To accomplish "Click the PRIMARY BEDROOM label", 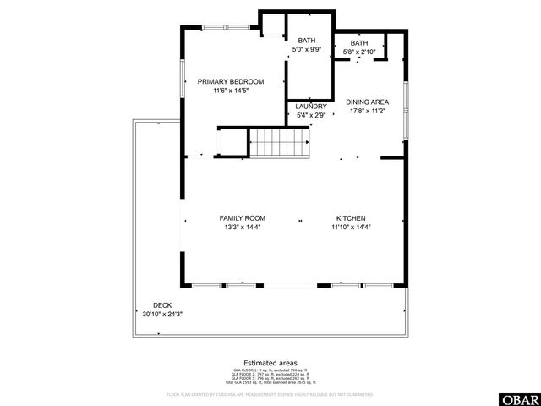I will pyautogui.click(x=231, y=81).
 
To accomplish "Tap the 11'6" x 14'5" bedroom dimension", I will pyautogui.click(x=231, y=91).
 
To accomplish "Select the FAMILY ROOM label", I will pyautogui.click(x=243, y=217).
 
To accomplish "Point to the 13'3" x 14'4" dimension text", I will pyautogui.click(x=243, y=227).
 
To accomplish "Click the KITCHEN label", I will pyautogui.click(x=351, y=217).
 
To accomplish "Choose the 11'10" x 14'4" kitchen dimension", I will pyautogui.click(x=351, y=227).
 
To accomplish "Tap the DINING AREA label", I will pyautogui.click(x=368, y=101).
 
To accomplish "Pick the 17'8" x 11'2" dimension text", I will pyautogui.click(x=368, y=111).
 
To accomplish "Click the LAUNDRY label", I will pyautogui.click(x=311, y=107).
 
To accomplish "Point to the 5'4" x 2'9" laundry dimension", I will pyautogui.click(x=311, y=115).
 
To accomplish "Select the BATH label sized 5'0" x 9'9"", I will pyautogui.click(x=306, y=41).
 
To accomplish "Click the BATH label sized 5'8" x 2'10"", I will pyautogui.click(x=359, y=43).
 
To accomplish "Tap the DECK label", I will pyautogui.click(x=161, y=305).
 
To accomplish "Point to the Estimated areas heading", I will pyautogui.click(x=270, y=362).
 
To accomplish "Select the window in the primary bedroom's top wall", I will pyautogui.click(x=226, y=28).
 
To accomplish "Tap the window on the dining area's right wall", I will pyautogui.click(x=406, y=101).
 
